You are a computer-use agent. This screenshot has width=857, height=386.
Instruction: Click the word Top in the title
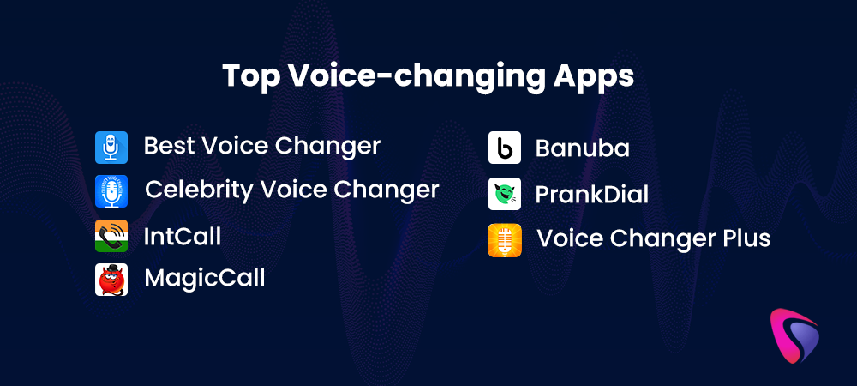click(x=250, y=77)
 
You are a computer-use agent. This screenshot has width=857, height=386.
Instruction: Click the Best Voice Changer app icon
click(x=111, y=148)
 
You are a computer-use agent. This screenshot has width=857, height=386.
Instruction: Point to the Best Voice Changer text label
click(x=261, y=146)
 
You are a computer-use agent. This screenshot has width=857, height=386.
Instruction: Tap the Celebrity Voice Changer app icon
click(x=111, y=191)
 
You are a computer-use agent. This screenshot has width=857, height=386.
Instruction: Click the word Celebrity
click(x=199, y=190)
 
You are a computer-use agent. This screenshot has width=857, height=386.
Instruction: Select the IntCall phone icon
click(x=111, y=236)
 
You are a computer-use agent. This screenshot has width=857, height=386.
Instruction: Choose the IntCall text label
click(x=183, y=237)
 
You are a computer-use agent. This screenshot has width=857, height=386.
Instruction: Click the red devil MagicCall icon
click(x=111, y=280)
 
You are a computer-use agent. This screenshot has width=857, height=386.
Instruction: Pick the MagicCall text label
click(x=205, y=278)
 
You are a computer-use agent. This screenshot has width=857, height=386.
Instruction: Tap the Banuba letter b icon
click(x=505, y=148)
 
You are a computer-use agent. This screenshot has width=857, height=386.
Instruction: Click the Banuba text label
click(x=582, y=148)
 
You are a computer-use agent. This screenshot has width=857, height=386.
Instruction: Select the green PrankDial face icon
click(x=505, y=194)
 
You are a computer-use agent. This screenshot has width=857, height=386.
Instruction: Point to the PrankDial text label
click(x=592, y=195)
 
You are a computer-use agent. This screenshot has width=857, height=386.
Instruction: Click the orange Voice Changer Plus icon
click(x=505, y=240)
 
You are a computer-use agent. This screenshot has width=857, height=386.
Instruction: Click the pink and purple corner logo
click(x=794, y=336)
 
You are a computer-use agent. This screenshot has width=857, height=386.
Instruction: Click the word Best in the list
click(x=168, y=146)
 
